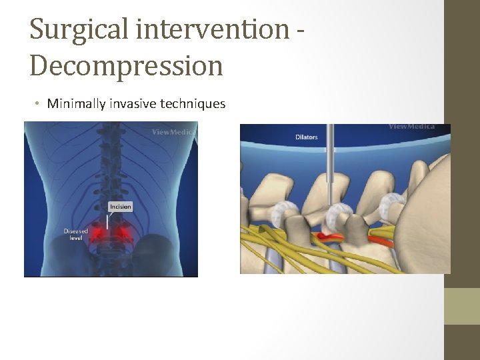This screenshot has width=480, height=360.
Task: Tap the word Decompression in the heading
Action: (x=126, y=65)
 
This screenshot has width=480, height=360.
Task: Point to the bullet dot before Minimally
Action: (x=39, y=104)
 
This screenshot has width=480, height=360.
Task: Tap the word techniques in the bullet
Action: (x=194, y=103)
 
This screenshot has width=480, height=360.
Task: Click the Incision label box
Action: (x=120, y=207)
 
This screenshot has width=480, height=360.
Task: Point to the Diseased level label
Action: (x=75, y=234)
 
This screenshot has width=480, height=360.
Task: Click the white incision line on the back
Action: (x=107, y=222)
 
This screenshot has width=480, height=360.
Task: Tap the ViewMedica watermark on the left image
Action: (x=173, y=132)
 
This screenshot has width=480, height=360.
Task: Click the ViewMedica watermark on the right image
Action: (x=411, y=127)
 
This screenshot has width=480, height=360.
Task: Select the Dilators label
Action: (x=306, y=137)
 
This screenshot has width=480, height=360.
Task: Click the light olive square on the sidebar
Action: (x=462, y=306)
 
